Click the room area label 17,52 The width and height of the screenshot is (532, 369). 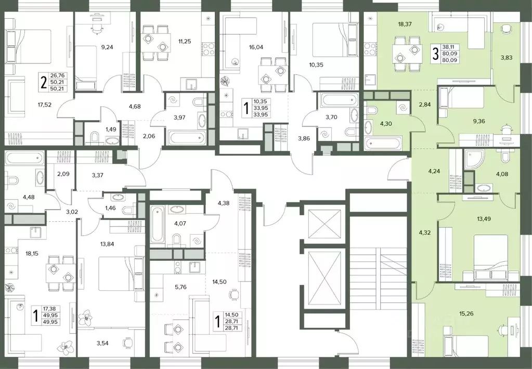tap(45, 105)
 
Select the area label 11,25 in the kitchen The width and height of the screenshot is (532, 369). tap(185, 42)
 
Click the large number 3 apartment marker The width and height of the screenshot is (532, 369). tap(435, 54)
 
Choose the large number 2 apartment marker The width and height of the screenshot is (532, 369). tap(44, 82)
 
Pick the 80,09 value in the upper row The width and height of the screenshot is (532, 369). tap(449, 54)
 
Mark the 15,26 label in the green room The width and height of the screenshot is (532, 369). tap(466, 314)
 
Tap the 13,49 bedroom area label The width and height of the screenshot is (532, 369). tap(484, 219)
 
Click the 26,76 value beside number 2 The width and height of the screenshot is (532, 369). tap(57, 75)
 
